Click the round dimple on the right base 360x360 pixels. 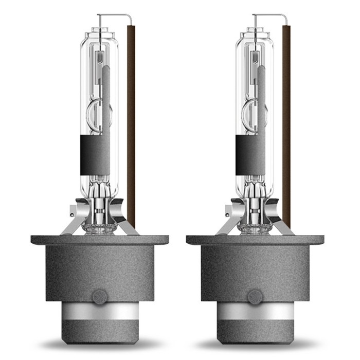click(x=255, y=296)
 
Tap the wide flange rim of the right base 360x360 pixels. click(x=255, y=240)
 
